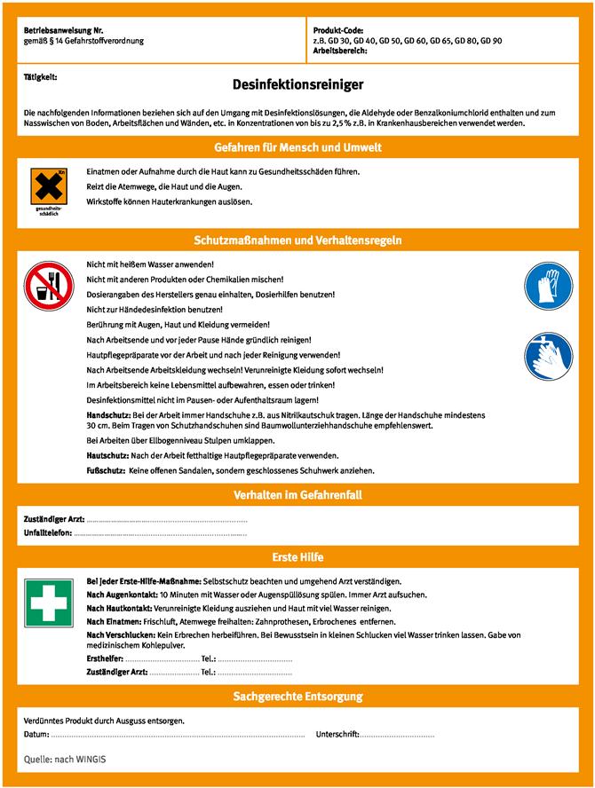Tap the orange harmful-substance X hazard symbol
coord(49,185)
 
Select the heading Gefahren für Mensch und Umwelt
coord(297,146)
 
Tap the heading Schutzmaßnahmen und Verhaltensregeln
coord(297,240)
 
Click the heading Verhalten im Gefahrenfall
coord(297,494)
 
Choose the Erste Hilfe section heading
coord(297,557)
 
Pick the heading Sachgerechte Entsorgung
coord(297,697)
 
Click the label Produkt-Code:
coord(338,31)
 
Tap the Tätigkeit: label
coord(41,77)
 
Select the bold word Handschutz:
coord(108,414)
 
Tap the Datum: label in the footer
coord(36,735)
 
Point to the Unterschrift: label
coord(337,735)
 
